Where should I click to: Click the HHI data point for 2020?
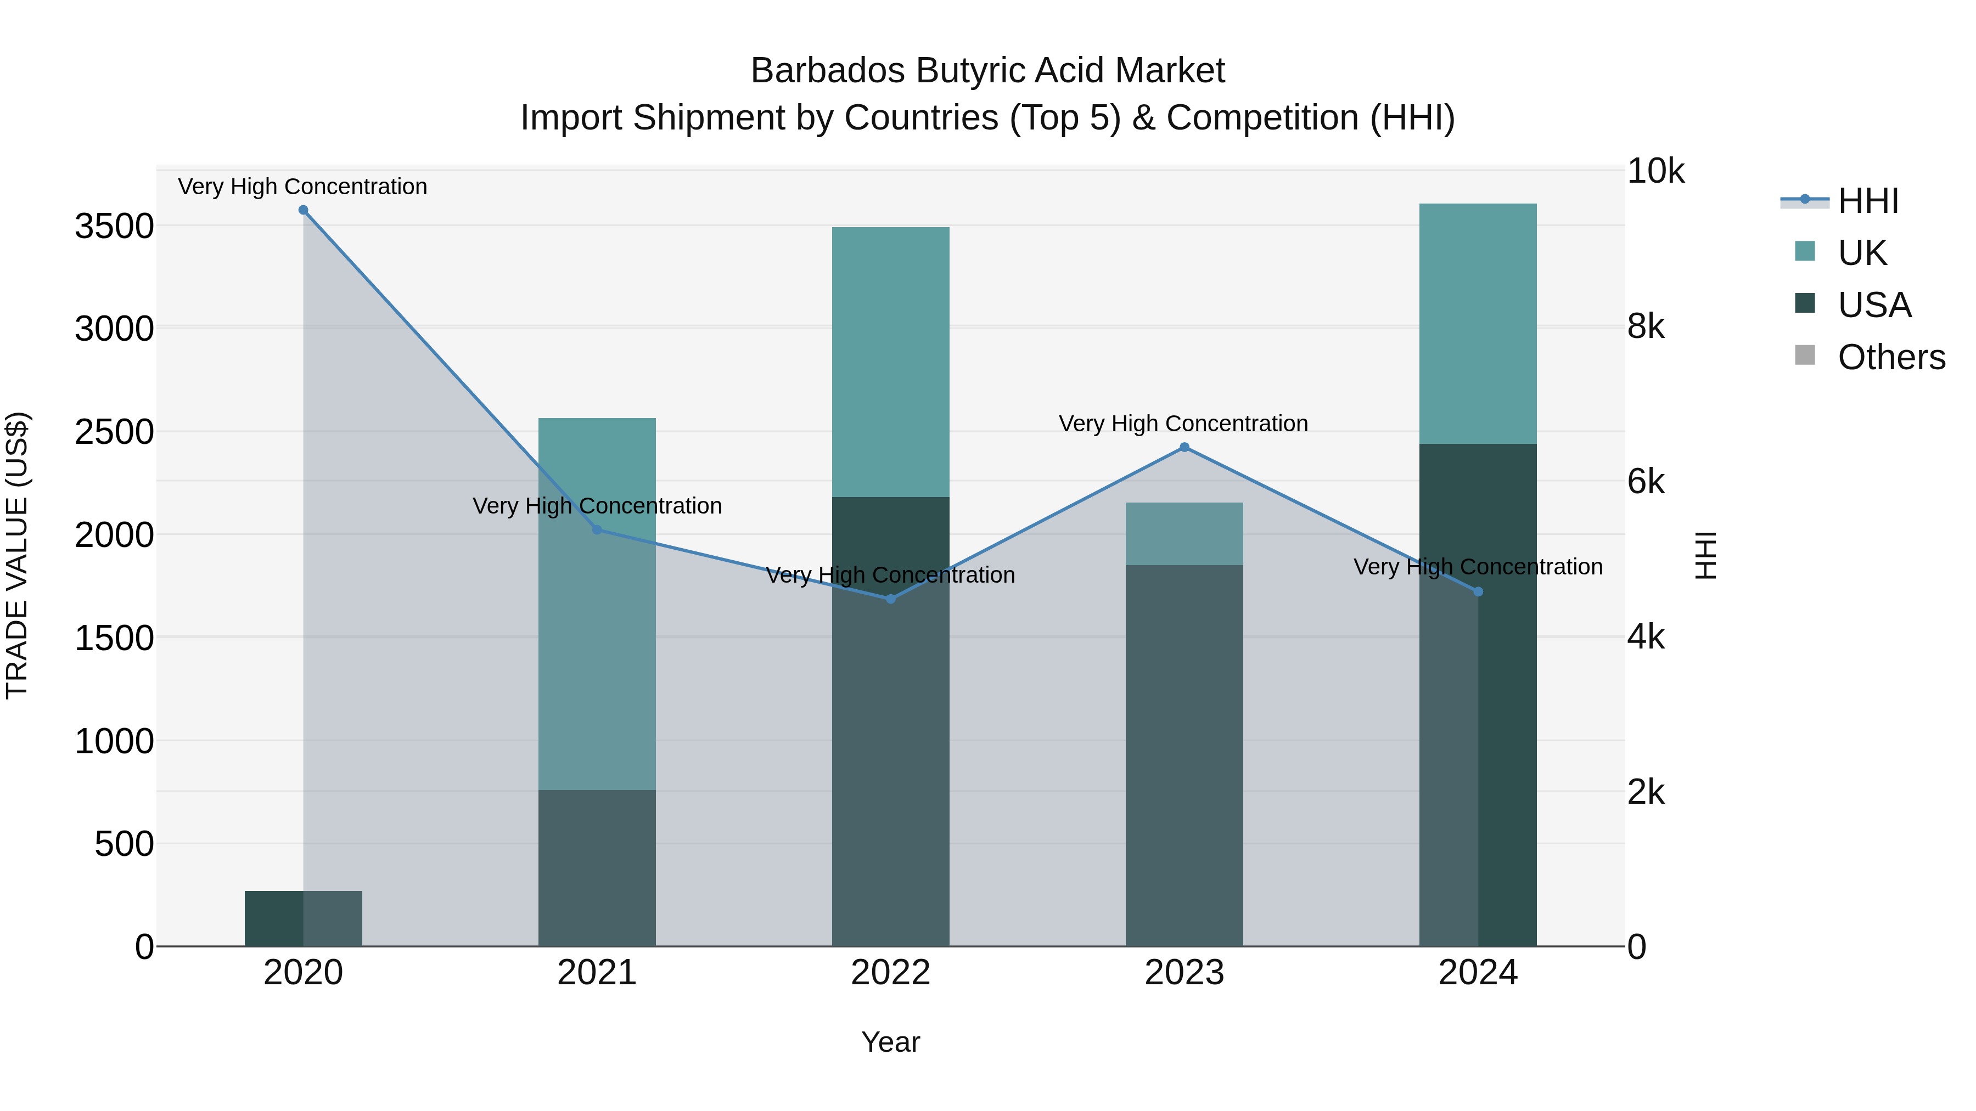click(303, 210)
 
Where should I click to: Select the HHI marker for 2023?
click(1185, 447)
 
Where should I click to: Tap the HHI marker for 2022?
click(891, 599)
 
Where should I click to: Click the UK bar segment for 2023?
click(1185, 534)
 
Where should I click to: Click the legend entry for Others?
click(1891, 357)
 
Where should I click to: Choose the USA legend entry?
click(1874, 305)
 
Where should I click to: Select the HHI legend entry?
click(1868, 201)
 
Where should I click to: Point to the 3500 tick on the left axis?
click(114, 227)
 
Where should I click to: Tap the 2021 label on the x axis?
click(597, 973)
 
